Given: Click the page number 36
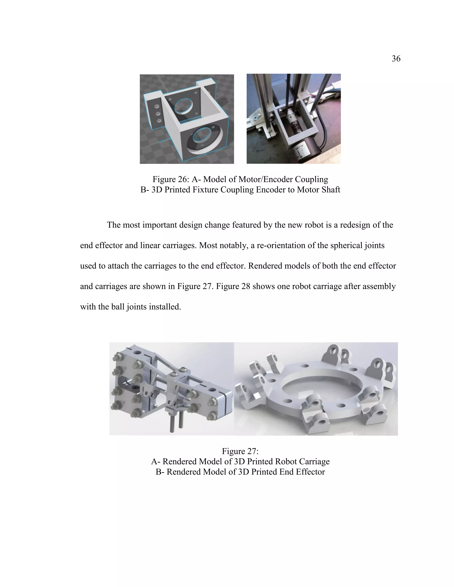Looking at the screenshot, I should pos(396,59).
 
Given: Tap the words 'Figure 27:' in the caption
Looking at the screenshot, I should pos(240,451).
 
